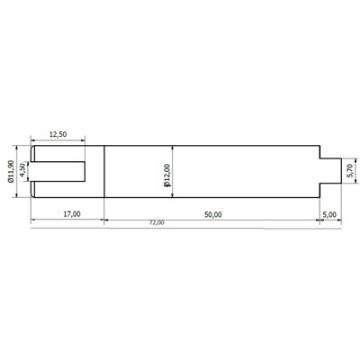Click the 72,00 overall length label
tap(156, 222)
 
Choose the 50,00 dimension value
tap(213, 213)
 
